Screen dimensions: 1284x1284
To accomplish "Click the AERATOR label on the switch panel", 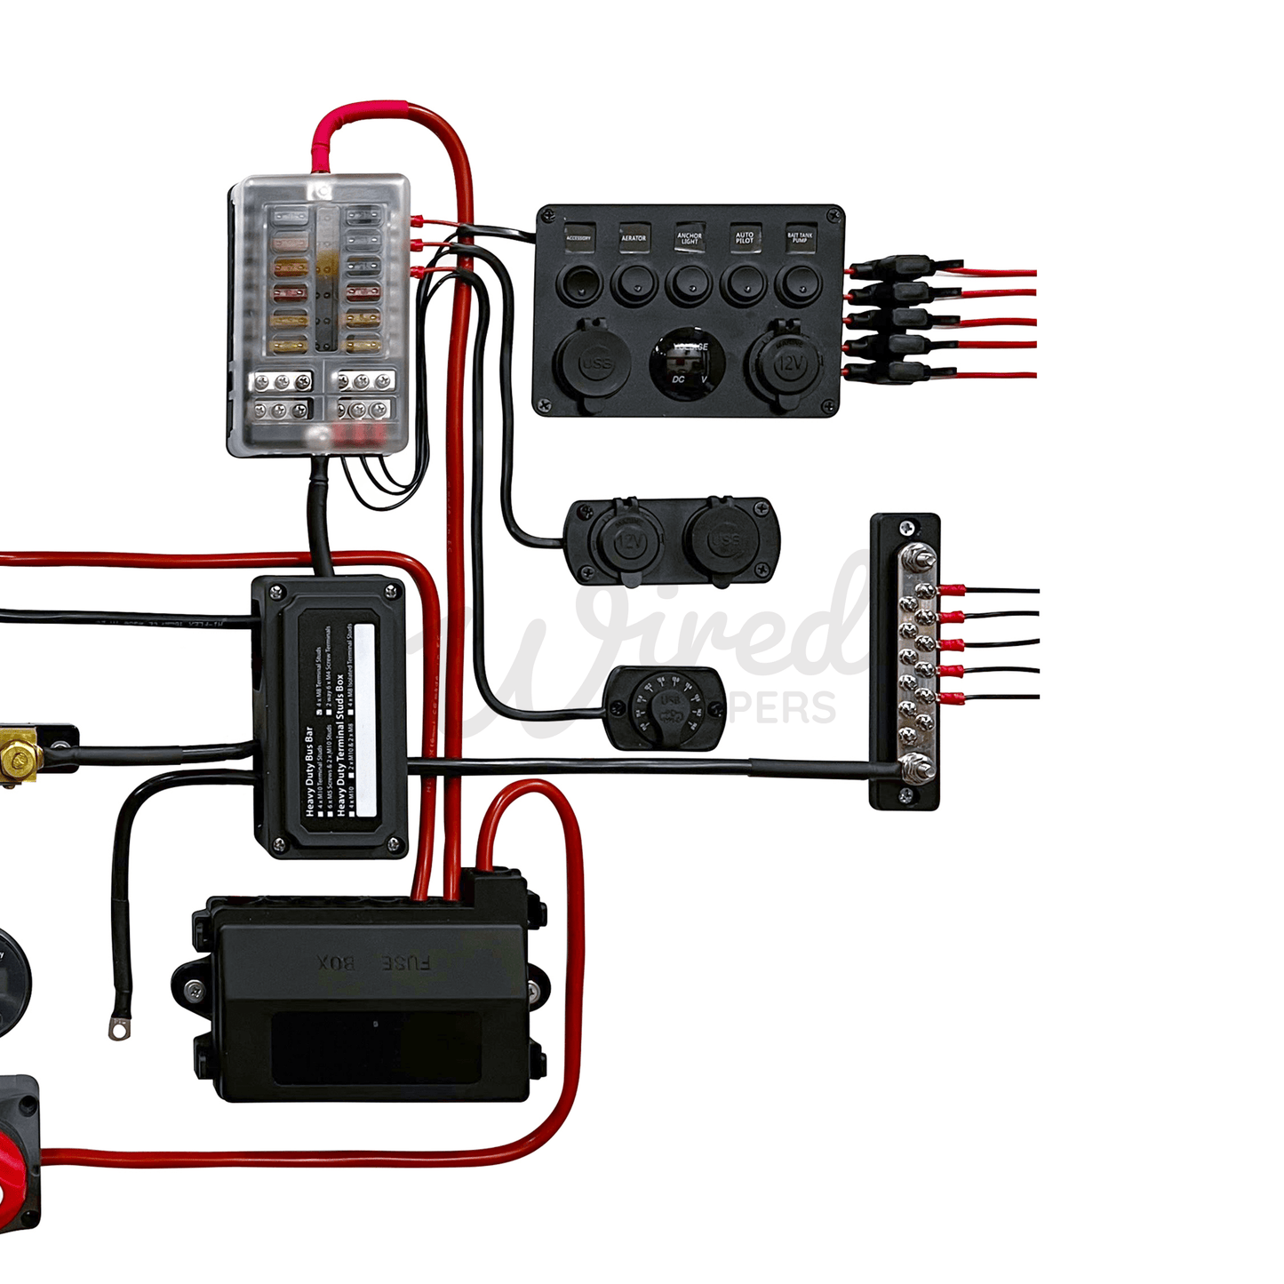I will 634,237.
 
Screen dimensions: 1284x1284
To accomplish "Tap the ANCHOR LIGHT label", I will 690,238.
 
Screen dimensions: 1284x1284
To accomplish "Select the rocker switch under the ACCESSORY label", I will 579,284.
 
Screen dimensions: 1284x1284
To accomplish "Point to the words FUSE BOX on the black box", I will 374,962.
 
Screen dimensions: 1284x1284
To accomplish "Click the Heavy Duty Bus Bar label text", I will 309,771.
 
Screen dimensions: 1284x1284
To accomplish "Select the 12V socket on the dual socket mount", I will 629,541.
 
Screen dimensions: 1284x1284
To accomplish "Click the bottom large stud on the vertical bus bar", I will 915,764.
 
